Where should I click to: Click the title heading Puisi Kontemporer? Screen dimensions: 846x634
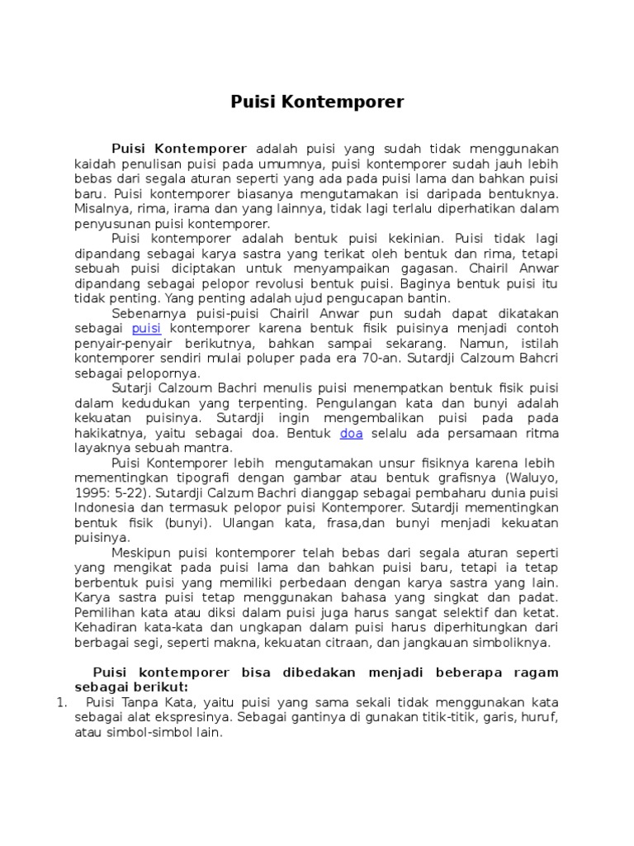pos(317,102)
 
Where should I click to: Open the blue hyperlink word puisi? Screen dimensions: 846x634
pos(145,328)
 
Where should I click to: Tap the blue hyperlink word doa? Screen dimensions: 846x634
pos(351,433)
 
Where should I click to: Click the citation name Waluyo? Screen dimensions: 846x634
pos(528,478)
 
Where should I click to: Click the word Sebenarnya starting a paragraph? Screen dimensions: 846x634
pos(145,313)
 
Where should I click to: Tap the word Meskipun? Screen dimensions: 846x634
pos(141,552)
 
